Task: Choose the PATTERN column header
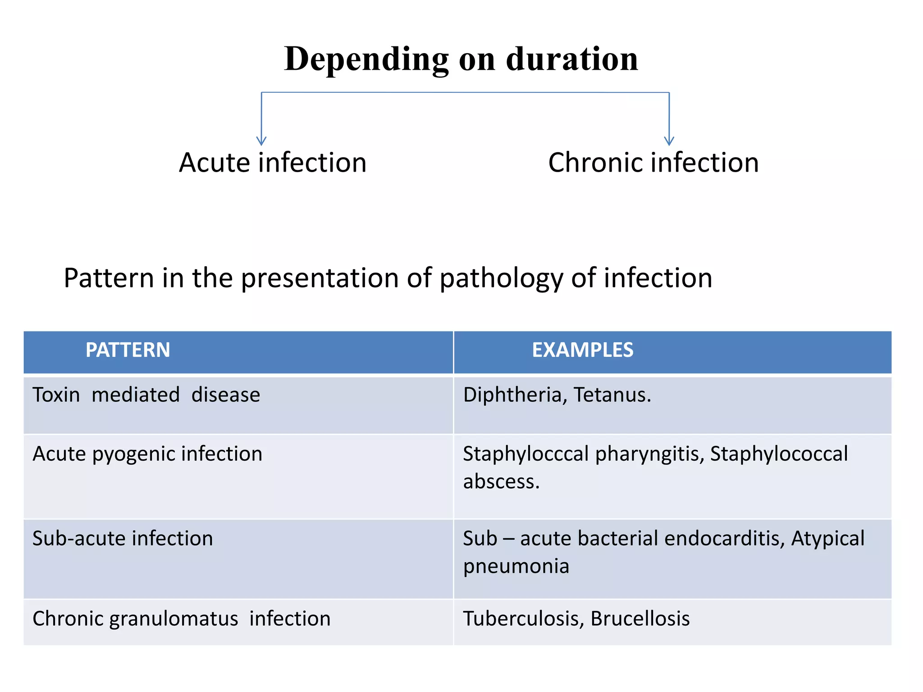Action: [128, 350]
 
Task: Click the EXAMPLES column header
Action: [582, 350]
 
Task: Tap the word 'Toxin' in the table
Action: [56, 395]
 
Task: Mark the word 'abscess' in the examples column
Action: [499, 482]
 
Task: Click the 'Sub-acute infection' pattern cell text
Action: [123, 538]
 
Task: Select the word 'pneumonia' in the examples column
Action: [516, 566]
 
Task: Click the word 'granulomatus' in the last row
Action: [174, 619]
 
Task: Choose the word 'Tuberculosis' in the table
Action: [524, 619]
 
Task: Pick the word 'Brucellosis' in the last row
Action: [640, 619]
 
